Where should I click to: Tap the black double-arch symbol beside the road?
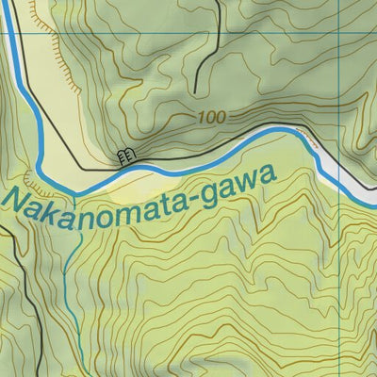(123, 155)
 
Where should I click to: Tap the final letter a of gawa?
(271, 172)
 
